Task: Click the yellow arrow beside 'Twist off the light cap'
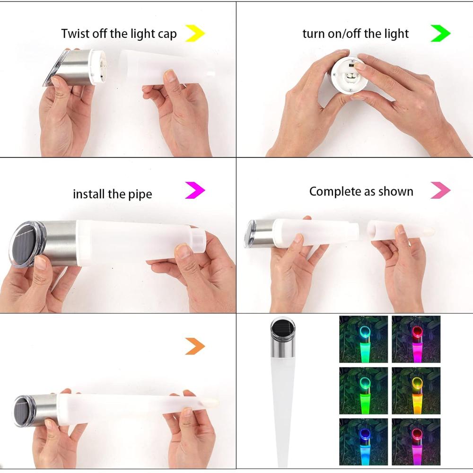click(195, 34)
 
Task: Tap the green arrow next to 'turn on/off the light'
click(440, 34)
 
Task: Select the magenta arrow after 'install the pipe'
click(195, 191)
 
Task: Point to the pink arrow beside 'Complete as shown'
click(440, 191)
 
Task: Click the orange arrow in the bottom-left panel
click(195, 346)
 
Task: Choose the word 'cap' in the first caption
click(167, 35)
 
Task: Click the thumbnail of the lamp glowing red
click(416, 339)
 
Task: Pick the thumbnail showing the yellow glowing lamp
click(416, 390)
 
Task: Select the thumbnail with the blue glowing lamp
click(363, 441)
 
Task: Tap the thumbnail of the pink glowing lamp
click(416, 441)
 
